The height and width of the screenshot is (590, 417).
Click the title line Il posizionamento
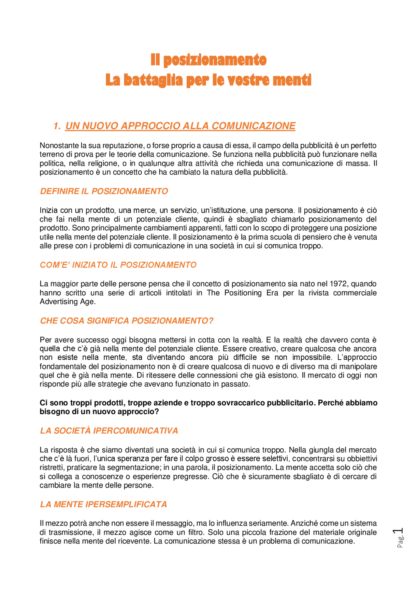pyautogui.click(x=208, y=60)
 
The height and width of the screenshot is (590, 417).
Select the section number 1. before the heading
pyautogui.click(x=57, y=126)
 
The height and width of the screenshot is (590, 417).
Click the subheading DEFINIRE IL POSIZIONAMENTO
pyautogui.click(x=104, y=191)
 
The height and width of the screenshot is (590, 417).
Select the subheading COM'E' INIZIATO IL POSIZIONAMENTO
pyautogui.click(x=118, y=265)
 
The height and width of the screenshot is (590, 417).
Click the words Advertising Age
pyautogui.click(x=67, y=302)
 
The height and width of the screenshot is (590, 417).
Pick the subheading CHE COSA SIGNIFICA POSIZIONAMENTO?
pyautogui.click(x=126, y=321)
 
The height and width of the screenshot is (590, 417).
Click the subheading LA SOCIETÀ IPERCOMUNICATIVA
pyautogui.click(x=109, y=431)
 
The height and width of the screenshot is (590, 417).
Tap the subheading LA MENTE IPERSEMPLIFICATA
pyautogui.click(x=103, y=504)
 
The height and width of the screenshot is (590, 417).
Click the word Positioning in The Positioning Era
pyautogui.click(x=243, y=293)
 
